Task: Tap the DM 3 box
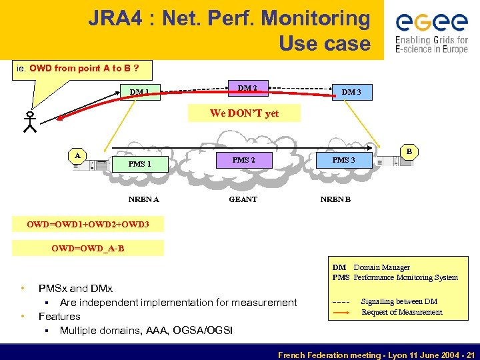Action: click(x=351, y=92)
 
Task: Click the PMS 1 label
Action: click(x=140, y=164)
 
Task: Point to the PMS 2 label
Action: click(x=243, y=160)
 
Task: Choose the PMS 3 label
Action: click(x=343, y=160)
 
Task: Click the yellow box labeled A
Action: click(x=78, y=155)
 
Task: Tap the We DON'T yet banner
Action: click(x=244, y=113)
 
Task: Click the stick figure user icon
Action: click(x=29, y=122)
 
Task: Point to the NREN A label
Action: click(x=143, y=199)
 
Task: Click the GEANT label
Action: click(x=243, y=199)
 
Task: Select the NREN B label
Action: click(x=335, y=199)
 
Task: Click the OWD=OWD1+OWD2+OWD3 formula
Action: click(x=87, y=225)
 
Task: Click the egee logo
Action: click(x=431, y=30)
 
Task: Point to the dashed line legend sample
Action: click(x=341, y=302)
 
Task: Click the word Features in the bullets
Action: click(x=59, y=317)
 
